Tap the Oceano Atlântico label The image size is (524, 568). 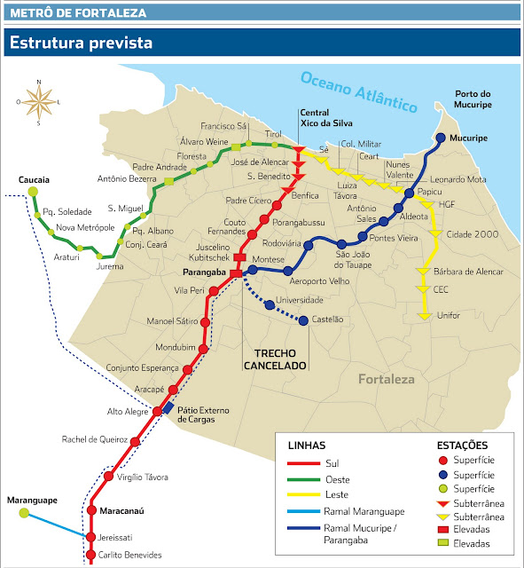coord(358,91)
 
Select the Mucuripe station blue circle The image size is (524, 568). coord(441,138)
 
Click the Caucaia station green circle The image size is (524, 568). coord(34,192)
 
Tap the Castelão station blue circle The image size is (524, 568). coord(304,320)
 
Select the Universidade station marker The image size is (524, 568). coord(270,304)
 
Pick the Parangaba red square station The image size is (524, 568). coord(235,272)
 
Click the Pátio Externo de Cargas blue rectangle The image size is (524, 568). coord(168,407)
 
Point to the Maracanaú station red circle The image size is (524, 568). coord(90,510)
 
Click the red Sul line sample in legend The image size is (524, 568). coord(304,462)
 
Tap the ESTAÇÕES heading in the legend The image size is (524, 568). coord(464,444)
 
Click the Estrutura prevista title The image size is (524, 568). coord(81,42)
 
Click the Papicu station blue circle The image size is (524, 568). coord(409,193)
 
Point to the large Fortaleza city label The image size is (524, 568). coord(387,380)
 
